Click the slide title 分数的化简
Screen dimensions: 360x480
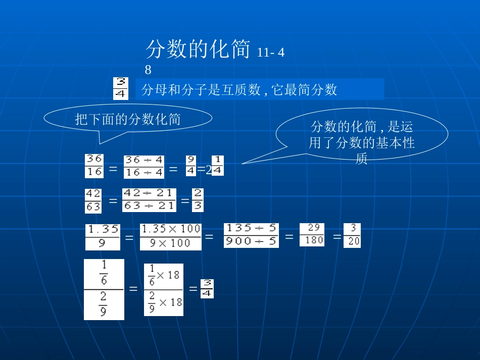coord(198,50)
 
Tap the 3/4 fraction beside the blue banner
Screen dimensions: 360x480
coord(121,88)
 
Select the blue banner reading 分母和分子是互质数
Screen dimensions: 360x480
coord(260,89)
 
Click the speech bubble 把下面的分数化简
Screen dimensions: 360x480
coord(128,119)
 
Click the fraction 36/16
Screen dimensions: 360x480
coord(94,166)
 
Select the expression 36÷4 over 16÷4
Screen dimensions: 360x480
coord(144,167)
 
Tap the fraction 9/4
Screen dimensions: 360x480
coord(190,166)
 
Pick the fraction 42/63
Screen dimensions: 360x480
coord(93,200)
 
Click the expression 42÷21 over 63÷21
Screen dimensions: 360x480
coord(149,200)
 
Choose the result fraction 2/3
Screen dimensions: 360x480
coord(198,200)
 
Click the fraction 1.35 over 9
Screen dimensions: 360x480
coord(103,237)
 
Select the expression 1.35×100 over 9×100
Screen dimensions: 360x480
coord(170,236)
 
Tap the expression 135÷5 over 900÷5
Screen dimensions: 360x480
coord(251,235)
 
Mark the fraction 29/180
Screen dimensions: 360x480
coord(312,235)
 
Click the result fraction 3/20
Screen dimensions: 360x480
coord(352,235)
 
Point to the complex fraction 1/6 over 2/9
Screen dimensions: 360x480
coord(104,289)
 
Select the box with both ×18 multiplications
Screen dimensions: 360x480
coord(163,289)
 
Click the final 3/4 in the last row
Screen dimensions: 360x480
coord(207,288)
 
